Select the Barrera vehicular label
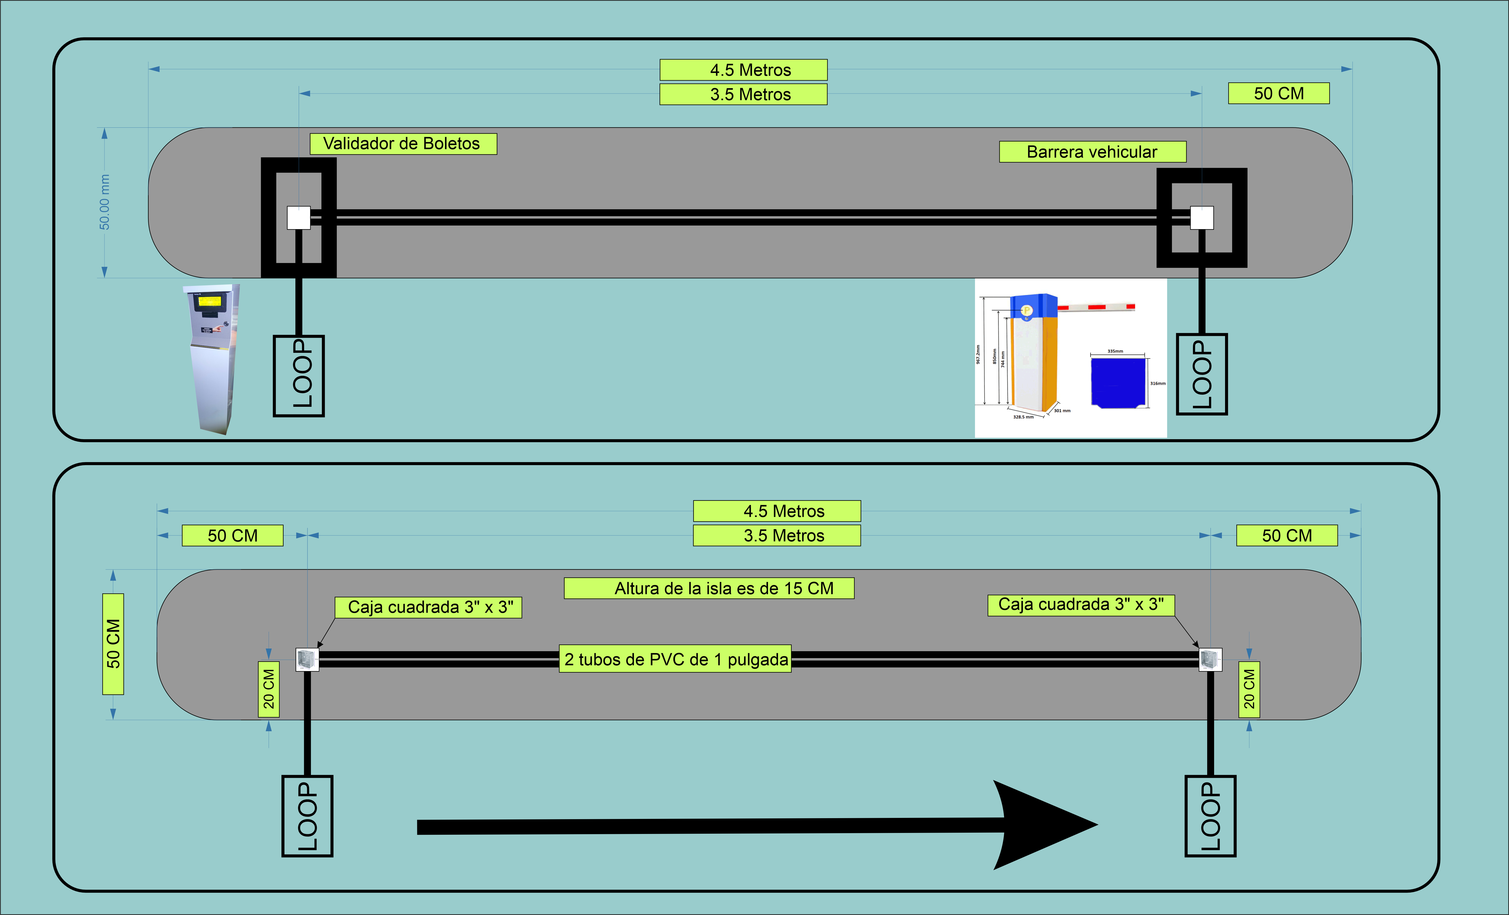(1092, 152)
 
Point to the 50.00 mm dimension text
(105, 202)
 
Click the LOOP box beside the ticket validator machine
(298, 375)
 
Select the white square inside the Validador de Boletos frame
(299, 218)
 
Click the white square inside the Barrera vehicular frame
(1202, 218)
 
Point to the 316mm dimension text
(1157, 383)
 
